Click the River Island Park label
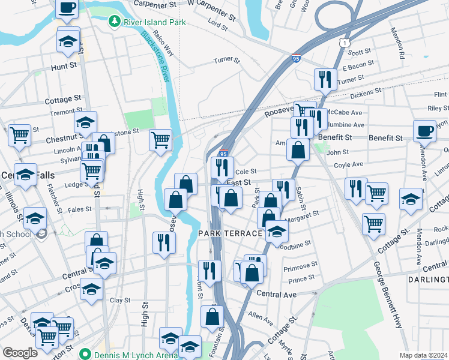point(153,22)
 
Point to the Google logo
point(20,353)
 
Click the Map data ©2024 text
point(423,355)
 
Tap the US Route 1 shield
point(344,43)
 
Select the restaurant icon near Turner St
point(324,79)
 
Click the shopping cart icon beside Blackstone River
point(160,140)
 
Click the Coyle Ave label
point(349,164)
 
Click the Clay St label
point(120,300)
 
